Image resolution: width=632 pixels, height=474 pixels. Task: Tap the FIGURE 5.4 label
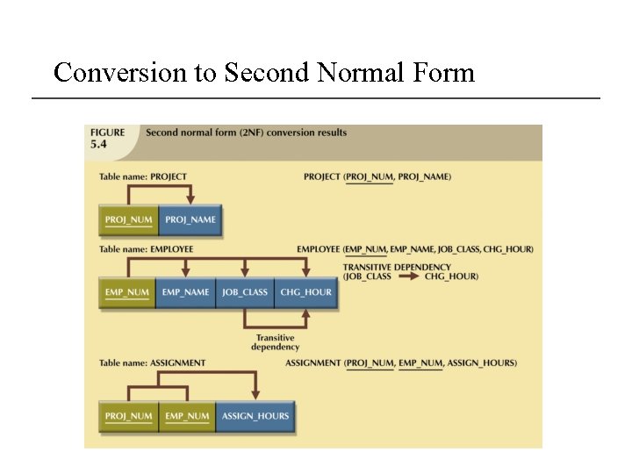pos(108,139)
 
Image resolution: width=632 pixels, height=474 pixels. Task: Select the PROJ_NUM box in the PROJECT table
pos(128,219)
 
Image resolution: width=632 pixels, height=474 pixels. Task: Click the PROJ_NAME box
pos(190,219)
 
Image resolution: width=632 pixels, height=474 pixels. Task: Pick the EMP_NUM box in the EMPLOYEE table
pos(128,292)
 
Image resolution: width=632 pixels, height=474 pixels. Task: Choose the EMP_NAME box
pos(186,292)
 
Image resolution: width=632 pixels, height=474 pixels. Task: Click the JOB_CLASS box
pos(245,292)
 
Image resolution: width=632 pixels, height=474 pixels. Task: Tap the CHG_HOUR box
pos(305,292)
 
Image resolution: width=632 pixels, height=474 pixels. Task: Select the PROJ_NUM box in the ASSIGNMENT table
pos(128,416)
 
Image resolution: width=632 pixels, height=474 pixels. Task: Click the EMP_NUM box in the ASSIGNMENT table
pos(187,416)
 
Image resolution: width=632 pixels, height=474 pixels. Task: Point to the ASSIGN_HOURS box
pos(255,416)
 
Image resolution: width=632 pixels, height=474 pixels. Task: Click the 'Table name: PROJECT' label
pos(143,176)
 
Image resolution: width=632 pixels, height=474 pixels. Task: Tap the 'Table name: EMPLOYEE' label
pos(147,249)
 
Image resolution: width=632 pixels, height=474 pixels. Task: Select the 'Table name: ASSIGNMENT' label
pos(153,363)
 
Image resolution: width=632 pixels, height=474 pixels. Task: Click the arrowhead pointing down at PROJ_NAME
pos(190,200)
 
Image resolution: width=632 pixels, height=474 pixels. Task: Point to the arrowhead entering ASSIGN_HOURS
pos(255,396)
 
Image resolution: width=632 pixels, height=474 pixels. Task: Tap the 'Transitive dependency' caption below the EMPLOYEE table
pos(275,342)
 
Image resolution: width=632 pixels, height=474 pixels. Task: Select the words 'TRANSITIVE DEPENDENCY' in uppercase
pos(397,267)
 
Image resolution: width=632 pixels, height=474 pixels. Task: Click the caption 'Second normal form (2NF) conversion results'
pos(246,133)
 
